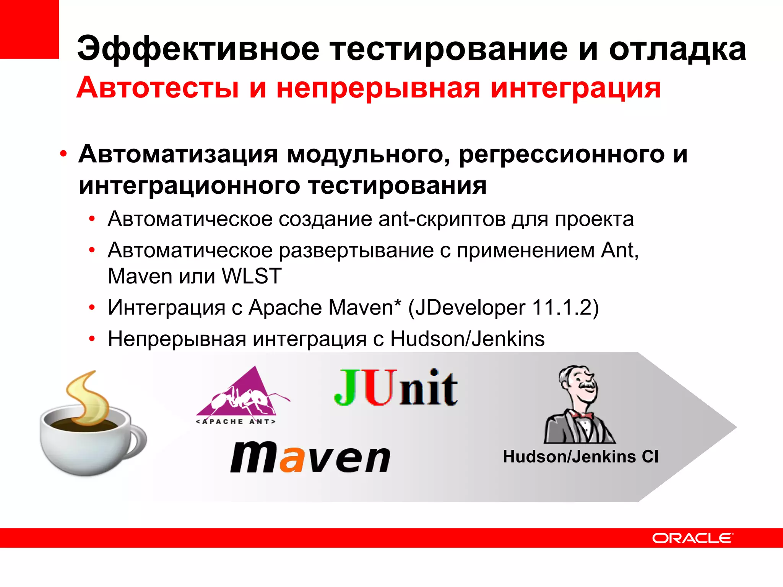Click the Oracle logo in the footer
[x=692, y=538]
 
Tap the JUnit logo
[x=396, y=388]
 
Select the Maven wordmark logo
[x=310, y=457]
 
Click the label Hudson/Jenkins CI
[x=580, y=457]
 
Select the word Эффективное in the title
[x=198, y=49]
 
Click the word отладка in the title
[x=677, y=49]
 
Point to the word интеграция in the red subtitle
[x=575, y=88]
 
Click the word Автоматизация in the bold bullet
[x=178, y=154]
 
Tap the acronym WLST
[x=252, y=276]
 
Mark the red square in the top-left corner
[x=29, y=29]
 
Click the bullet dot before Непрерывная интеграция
[x=92, y=339]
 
